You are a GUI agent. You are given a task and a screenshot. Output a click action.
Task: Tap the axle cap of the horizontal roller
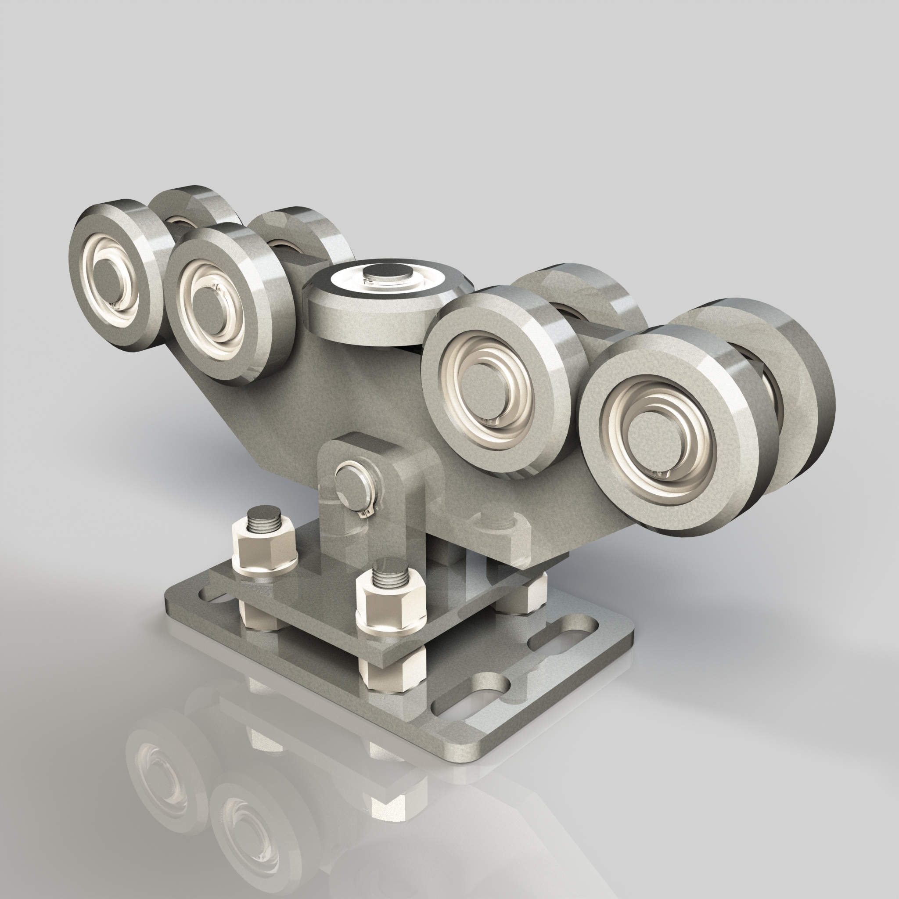coord(389,273)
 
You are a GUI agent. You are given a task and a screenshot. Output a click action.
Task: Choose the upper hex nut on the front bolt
coord(391,607)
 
